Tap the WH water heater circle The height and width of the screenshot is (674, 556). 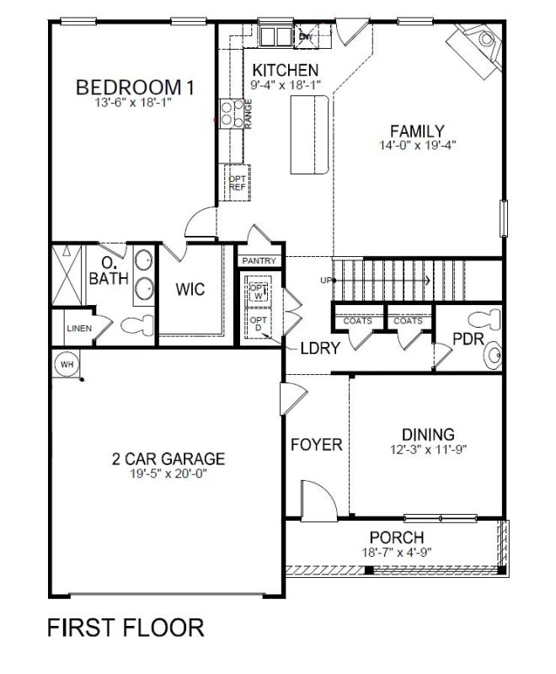(x=66, y=364)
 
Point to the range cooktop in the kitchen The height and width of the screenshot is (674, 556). (x=229, y=113)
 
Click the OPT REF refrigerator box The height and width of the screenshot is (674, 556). (x=237, y=183)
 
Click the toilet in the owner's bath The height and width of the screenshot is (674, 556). (x=131, y=325)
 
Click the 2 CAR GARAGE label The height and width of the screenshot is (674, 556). (x=168, y=459)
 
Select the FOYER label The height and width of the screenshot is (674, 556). (x=317, y=445)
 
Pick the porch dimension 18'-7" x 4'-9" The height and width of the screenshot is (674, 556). (x=396, y=553)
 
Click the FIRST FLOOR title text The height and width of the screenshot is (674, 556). (x=126, y=628)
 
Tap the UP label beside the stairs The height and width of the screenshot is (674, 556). (x=324, y=280)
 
